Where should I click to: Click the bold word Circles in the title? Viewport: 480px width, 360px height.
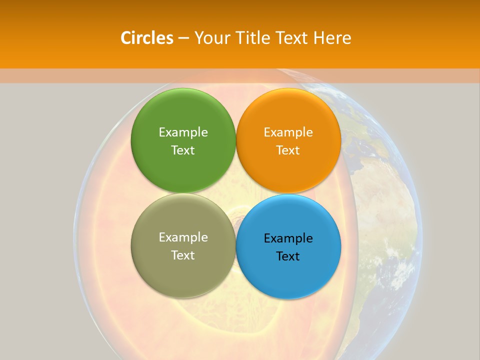tap(146, 37)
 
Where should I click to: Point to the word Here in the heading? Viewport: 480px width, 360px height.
tap(332, 37)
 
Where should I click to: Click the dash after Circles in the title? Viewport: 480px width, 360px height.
tap(183, 38)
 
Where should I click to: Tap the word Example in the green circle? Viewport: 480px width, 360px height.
tap(183, 132)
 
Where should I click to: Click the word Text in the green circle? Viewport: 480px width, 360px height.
tap(183, 150)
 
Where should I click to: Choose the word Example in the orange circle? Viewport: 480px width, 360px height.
tap(288, 132)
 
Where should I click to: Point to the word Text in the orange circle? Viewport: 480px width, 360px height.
tap(288, 150)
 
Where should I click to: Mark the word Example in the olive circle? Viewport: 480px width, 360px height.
tap(183, 237)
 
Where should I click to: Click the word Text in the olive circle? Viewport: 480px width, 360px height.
tap(183, 255)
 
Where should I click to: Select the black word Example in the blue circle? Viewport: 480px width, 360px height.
tap(288, 238)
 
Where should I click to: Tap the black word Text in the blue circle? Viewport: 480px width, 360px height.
tap(288, 256)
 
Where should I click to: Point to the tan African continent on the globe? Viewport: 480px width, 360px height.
tap(385, 210)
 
